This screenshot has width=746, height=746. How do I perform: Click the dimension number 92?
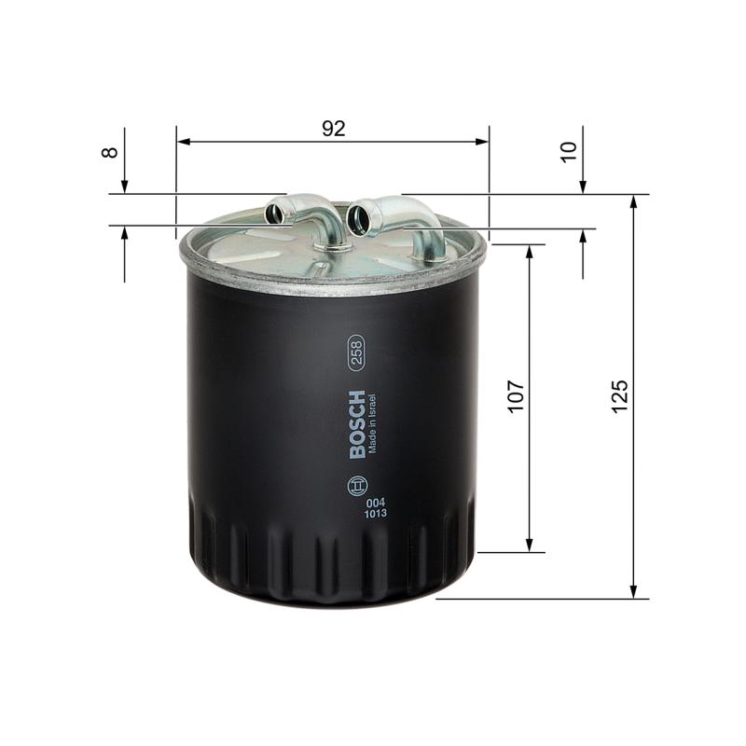334,129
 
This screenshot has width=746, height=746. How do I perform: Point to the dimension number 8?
111,149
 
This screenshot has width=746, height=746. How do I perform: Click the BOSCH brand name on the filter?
359,424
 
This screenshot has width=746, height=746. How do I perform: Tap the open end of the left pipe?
276,213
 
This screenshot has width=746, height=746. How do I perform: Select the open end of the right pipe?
358,217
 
